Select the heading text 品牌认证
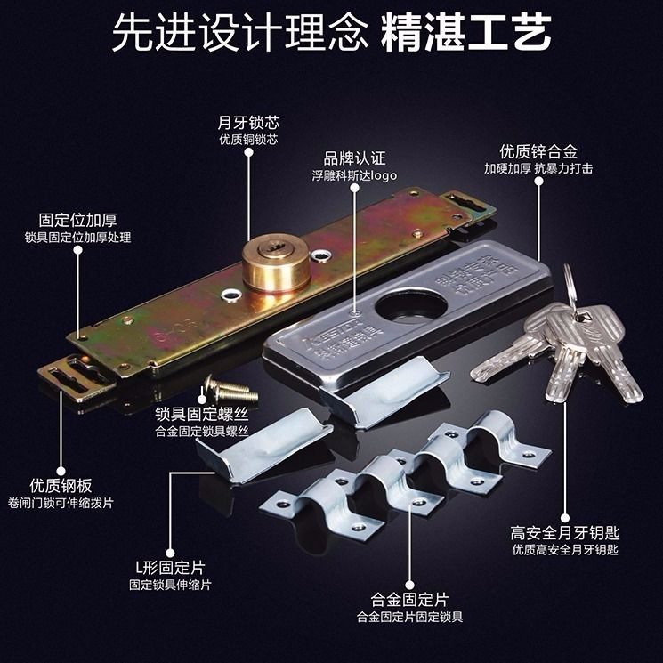tap(354, 158)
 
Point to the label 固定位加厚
tap(77, 220)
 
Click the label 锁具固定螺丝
tap(204, 414)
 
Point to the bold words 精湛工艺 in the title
tap(466, 35)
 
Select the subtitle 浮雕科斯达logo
tap(354, 175)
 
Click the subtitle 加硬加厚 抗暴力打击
tap(538, 168)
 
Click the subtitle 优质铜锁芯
tap(249, 141)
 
